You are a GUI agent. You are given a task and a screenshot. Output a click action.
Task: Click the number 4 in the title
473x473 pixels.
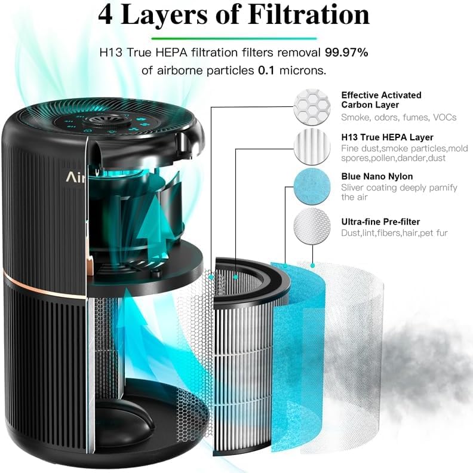click(105, 15)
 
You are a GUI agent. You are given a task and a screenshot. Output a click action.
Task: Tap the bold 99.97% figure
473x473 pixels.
click(346, 53)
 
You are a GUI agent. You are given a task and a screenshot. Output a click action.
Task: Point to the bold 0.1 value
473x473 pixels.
click(266, 70)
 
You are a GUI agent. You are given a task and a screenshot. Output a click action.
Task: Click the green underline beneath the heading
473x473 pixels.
click(234, 38)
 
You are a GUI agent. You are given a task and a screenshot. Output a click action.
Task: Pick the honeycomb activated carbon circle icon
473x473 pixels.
click(312, 106)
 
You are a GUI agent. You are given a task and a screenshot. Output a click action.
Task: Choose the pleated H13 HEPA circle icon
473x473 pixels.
click(312, 146)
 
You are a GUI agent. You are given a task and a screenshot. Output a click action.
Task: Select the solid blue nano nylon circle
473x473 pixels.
click(312, 186)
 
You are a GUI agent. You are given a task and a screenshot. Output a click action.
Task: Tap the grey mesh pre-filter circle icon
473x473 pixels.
click(312, 226)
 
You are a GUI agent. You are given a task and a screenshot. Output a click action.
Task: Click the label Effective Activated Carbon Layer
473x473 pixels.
click(381, 100)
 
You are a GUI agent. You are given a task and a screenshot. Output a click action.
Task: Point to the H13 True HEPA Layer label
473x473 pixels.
click(388, 137)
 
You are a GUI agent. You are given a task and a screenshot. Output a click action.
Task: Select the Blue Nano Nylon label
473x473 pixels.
click(377, 176)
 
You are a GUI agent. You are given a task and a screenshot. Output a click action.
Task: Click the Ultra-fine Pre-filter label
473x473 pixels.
click(380, 222)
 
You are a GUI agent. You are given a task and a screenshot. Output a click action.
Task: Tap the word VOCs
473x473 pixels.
click(445, 117)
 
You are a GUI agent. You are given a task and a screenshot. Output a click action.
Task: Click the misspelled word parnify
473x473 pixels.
click(443, 188)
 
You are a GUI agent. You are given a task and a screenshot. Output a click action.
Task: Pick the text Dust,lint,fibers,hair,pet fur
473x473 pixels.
click(394, 233)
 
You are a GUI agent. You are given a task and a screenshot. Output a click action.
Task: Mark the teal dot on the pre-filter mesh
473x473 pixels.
click(312, 265)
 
